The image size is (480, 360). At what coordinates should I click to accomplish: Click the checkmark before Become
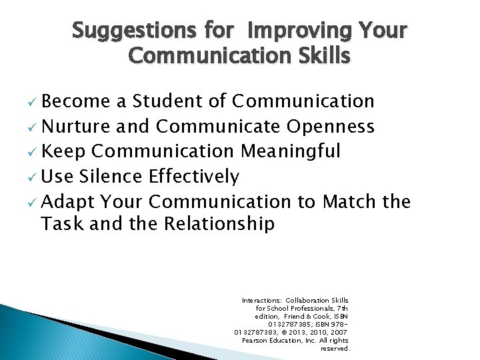[33, 103]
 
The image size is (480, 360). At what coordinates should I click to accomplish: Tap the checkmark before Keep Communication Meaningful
[33, 153]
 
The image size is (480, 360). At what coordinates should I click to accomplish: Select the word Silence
[111, 177]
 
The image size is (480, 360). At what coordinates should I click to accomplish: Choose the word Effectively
[194, 177]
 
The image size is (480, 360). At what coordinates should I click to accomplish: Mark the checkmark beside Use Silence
[33, 178]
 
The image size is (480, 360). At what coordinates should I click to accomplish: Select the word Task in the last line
[61, 224]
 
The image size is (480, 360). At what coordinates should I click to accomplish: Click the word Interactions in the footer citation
[261, 301]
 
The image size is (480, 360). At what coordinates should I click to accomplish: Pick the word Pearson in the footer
[257, 341]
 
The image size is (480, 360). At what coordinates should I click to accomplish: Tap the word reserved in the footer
[335, 349]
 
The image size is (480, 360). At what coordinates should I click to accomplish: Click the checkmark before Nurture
[33, 128]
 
